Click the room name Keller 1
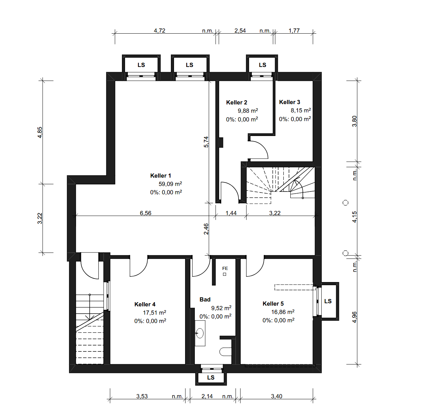(160, 176)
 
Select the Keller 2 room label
(237, 102)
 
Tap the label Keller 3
(290, 102)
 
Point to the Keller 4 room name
(145, 304)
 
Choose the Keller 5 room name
(273, 304)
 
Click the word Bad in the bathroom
(205, 299)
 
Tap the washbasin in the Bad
(200, 333)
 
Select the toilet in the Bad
(225, 351)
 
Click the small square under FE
(224, 274)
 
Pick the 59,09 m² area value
(170, 184)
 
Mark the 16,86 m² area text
(283, 312)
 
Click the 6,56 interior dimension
(146, 213)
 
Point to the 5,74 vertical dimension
(206, 142)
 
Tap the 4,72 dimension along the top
(159, 31)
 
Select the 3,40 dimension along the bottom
(276, 396)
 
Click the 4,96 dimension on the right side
(354, 317)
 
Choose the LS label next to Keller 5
(328, 301)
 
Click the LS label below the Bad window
(211, 377)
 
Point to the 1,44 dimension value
(231, 213)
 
